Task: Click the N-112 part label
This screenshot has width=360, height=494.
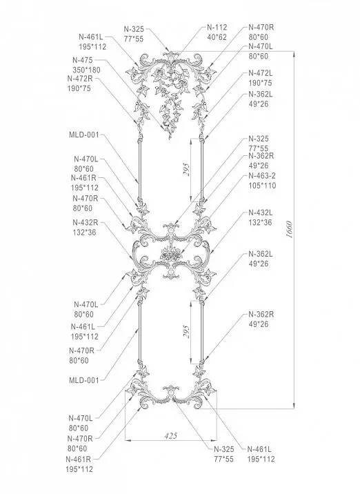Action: pos(217,28)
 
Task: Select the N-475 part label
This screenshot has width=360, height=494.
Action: pos(82,60)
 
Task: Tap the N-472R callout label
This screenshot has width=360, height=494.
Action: pos(80,79)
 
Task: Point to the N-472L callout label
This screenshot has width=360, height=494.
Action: pos(261,72)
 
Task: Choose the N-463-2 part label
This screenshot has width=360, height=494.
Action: pos(262,176)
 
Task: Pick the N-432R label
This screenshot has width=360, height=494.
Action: pos(85,222)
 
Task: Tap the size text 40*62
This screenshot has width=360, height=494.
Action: pos(217,37)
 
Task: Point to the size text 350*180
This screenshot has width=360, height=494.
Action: pos(86,70)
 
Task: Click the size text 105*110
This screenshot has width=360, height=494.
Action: pos(261,186)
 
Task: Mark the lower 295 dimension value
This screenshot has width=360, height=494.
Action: pos(186,333)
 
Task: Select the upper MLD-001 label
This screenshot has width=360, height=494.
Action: pos(84,135)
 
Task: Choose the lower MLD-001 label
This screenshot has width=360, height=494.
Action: pos(84,379)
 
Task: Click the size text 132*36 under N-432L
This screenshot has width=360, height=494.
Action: pos(261,222)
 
